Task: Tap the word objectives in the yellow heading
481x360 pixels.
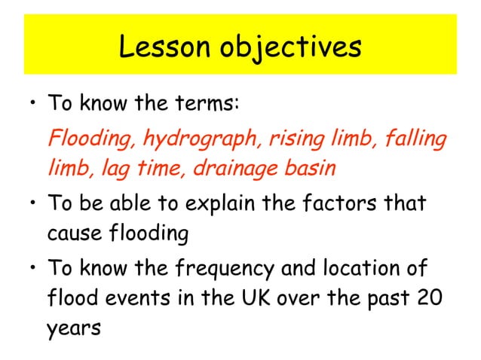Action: [290, 48]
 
